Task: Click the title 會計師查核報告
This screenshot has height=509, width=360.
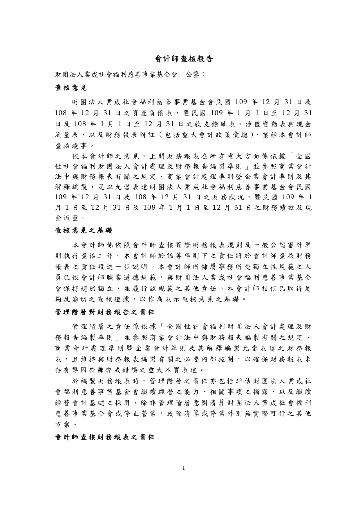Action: click(x=184, y=59)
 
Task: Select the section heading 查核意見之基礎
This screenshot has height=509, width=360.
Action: click(x=84, y=231)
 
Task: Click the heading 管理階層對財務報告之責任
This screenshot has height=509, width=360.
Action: click(x=105, y=312)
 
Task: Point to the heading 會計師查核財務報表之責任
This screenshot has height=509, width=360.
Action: click(x=105, y=437)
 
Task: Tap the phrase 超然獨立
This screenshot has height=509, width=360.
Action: click(x=100, y=289)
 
